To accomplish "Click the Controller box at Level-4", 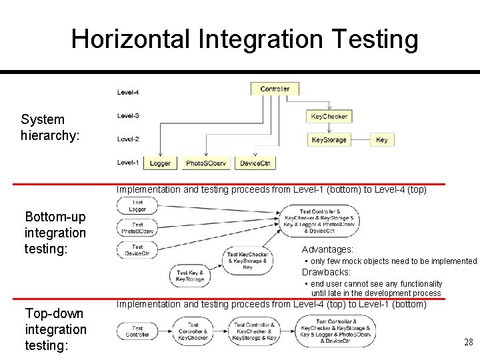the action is [275, 89].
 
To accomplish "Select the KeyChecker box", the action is [329, 116].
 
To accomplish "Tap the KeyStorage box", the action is [329, 139].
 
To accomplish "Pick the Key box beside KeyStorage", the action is [381, 139].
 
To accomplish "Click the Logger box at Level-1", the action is [160, 163].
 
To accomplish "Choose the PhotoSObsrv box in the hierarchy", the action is [206, 163].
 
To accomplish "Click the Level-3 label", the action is [129, 116].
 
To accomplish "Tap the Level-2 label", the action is [129, 139].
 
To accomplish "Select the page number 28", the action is [469, 342].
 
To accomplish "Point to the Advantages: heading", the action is [327, 249].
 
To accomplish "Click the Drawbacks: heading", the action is [326, 272].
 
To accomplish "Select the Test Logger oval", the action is [137, 206].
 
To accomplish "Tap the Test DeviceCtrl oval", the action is [137, 250].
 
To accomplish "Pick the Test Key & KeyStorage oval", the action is [190, 276].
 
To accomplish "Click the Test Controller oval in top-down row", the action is [137, 331].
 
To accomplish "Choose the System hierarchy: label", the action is [50, 127].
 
